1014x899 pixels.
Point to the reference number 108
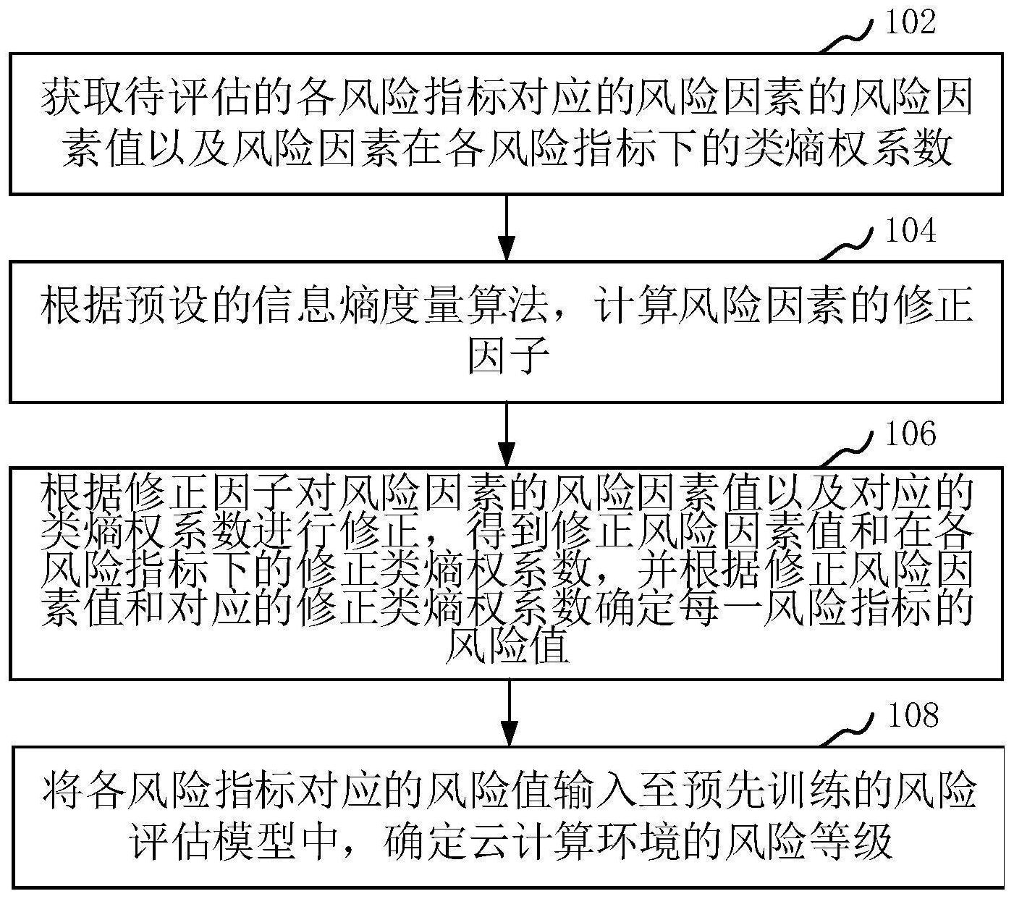point(912,715)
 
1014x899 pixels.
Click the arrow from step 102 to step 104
point(507,227)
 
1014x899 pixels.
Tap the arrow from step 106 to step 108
point(510,712)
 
